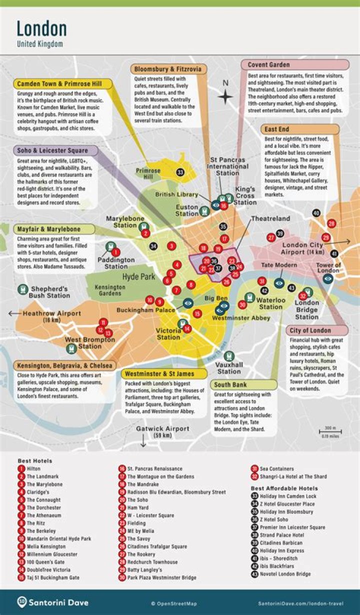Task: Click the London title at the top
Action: click(x=41, y=28)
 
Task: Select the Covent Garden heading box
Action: click(x=295, y=65)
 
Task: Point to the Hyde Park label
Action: click(x=139, y=276)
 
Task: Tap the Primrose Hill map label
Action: click(x=148, y=173)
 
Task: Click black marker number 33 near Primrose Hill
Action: click(x=180, y=172)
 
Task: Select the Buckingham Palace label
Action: click(x=146, y=310)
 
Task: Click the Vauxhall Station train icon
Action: click(x=229, y=356)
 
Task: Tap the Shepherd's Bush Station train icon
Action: click(x=22, y=289)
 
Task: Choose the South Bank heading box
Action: click(x=243, y=384)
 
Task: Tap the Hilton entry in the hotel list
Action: click(x=33, y=469)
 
